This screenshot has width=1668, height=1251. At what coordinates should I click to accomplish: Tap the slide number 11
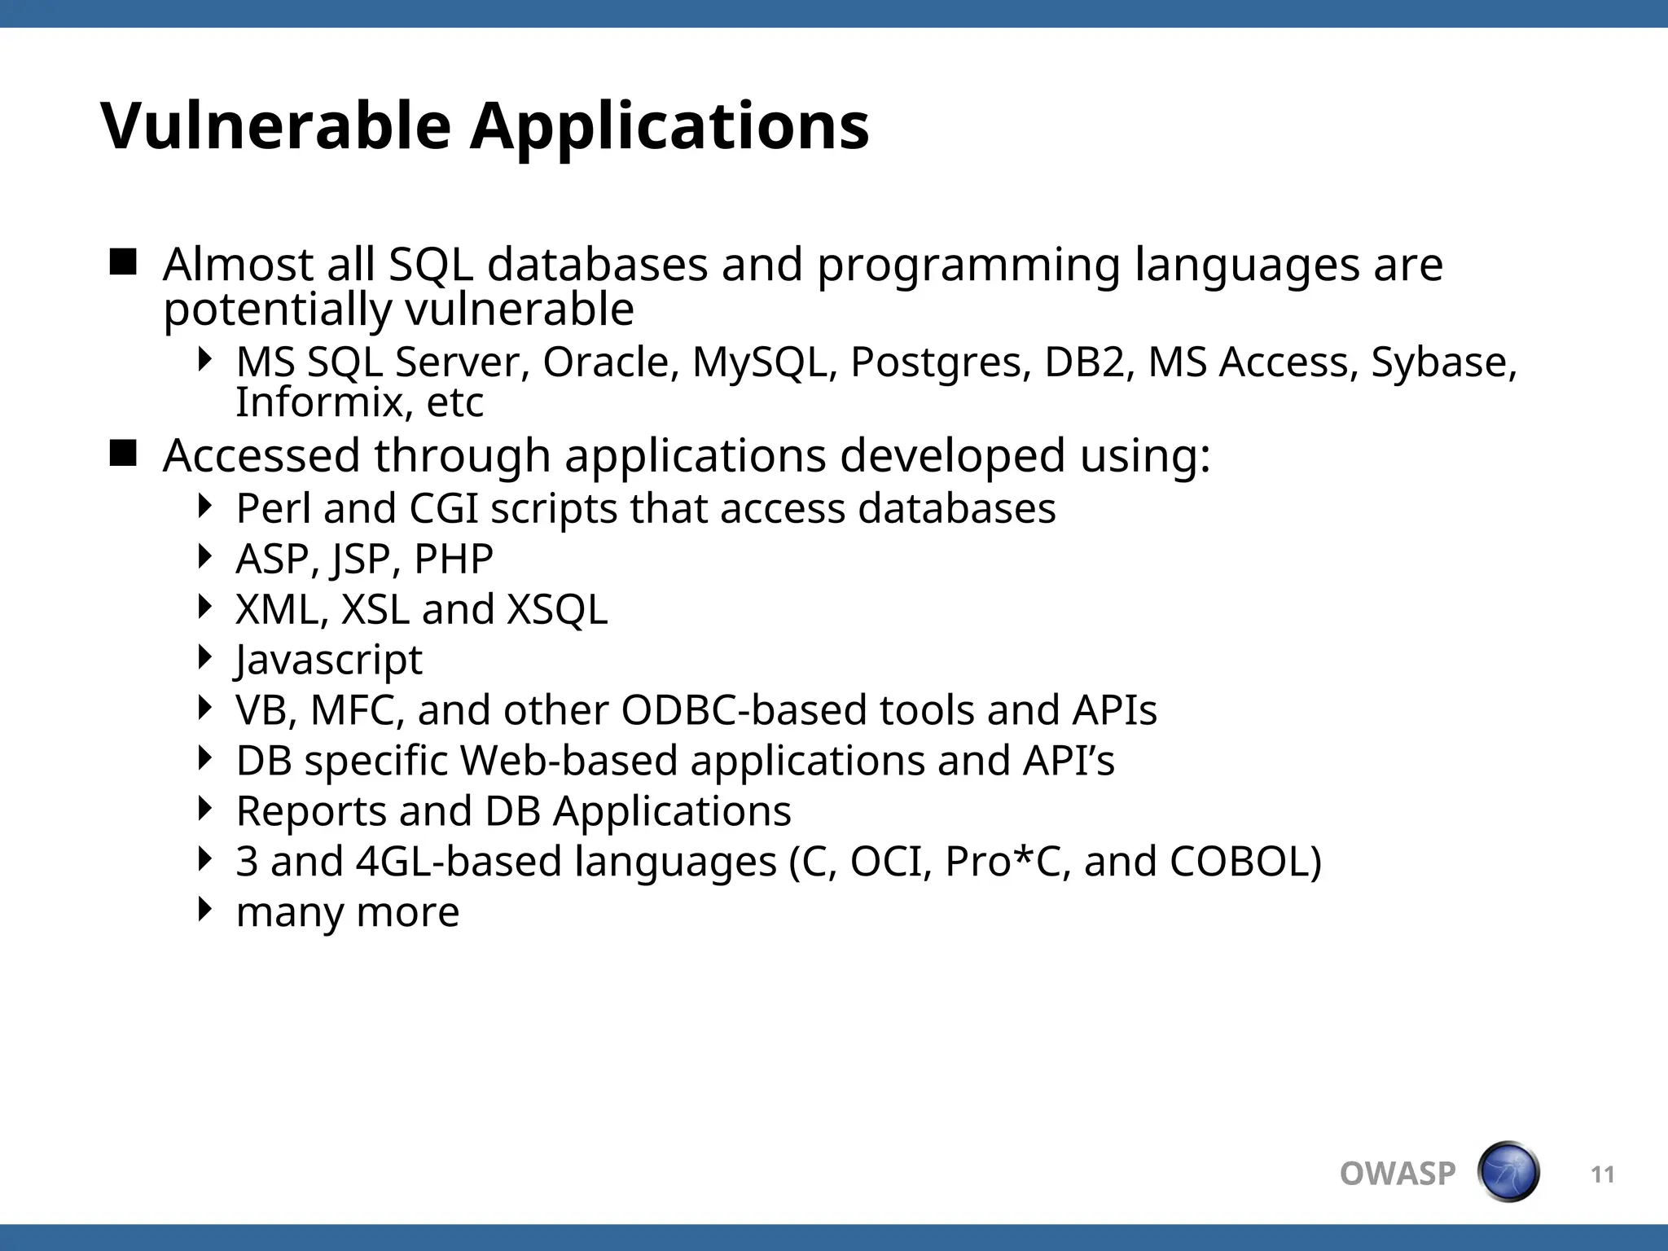click(1602, 1174)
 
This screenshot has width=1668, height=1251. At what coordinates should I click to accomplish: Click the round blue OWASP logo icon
click(1508, 1172)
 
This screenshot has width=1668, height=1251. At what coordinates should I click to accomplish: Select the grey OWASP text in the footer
click(1397, 1174)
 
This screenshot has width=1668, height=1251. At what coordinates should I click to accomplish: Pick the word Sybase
click(1442, 363)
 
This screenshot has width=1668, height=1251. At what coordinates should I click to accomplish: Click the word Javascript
click(329, 660)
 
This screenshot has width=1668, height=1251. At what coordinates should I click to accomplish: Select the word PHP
click(454, 560)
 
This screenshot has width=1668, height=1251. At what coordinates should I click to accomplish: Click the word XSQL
click(557, 609)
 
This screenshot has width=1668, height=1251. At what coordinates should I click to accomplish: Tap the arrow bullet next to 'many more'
click(205, 909)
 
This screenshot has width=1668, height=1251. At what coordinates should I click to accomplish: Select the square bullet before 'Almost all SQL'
click(123, 262)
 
